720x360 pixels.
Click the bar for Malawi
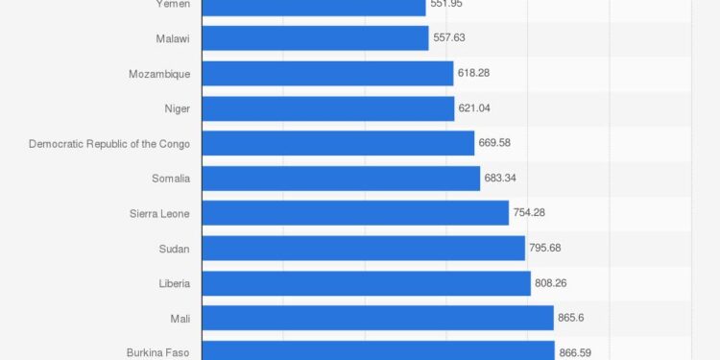pos(315,38)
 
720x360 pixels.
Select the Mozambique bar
pos(327,73)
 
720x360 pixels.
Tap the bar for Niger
pos(328,108)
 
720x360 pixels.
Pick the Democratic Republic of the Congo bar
pos(338,143)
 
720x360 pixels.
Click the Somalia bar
pos(341,179)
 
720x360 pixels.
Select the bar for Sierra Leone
pos(355,213)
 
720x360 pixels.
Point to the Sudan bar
pos(363,249)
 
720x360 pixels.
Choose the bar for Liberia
pos(366,283)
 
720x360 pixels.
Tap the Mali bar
pos(377,318)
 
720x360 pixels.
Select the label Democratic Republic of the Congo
pos(109,143)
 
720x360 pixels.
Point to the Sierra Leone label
pos(159,213)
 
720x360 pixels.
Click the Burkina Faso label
pos(158,352)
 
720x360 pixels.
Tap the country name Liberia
pos(174,283)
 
